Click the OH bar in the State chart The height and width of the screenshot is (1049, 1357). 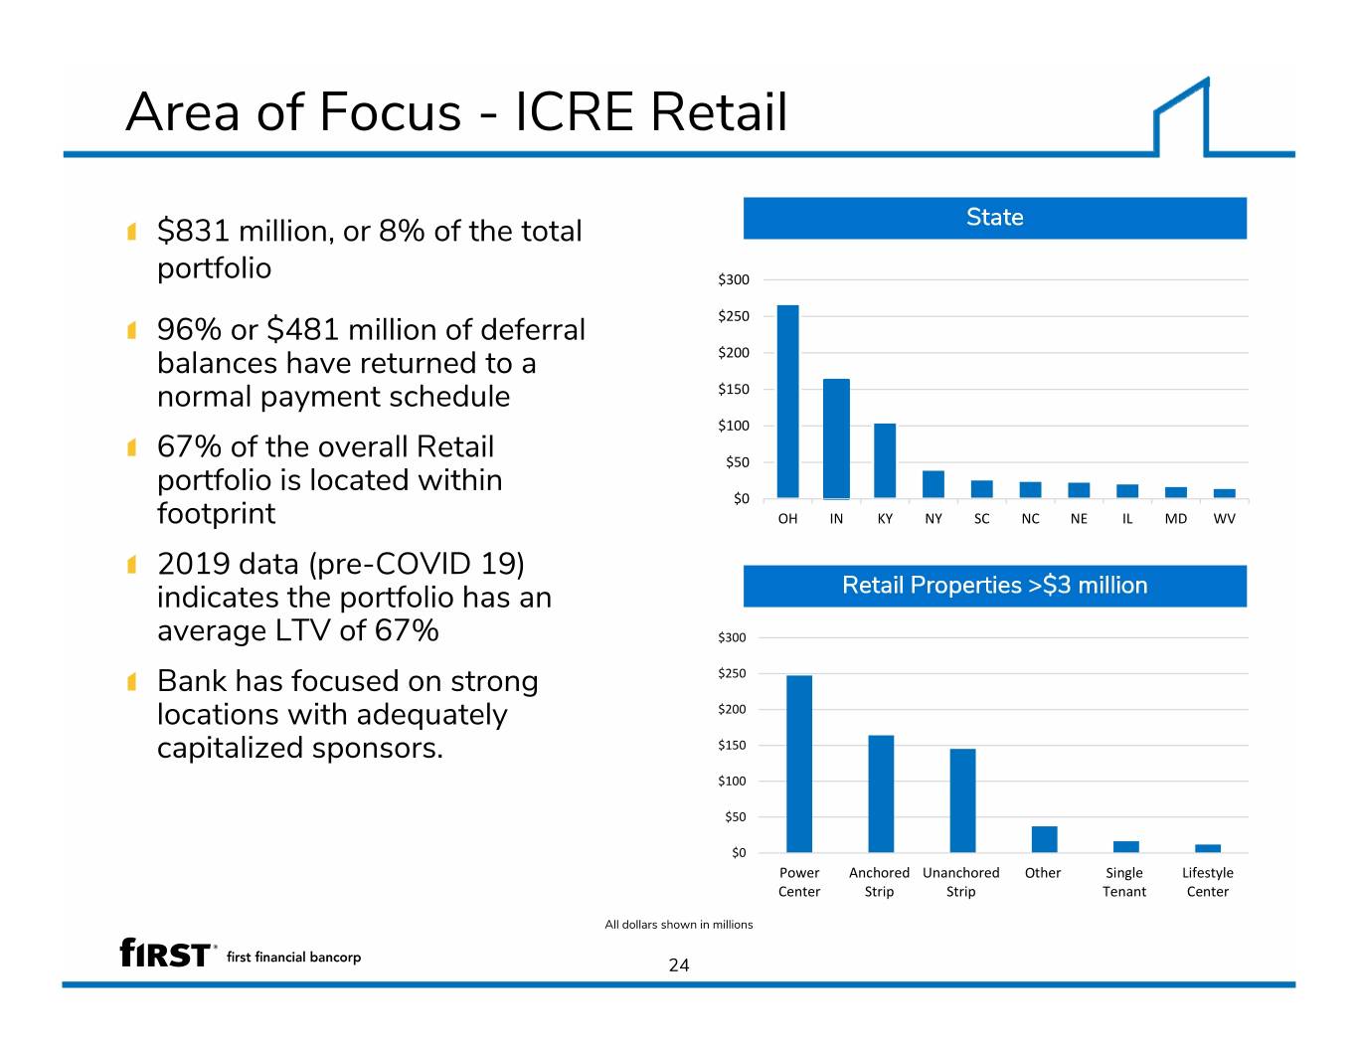pyautogui.click(x=787, y=402)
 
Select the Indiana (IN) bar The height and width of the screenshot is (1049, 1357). pyautogui.click(x=836, y=438)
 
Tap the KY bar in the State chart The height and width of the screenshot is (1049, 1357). pyautogui.click(x=884, y=460)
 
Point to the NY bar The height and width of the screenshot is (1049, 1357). pyautogui.click(x=933, y=484)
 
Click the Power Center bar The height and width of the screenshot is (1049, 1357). pyautogui.click(x=798, y=764)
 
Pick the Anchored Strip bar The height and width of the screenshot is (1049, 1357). pyautogui.click(x=881, y=793)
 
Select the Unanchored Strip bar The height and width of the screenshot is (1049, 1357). pyautogui.click(x=962, y=800)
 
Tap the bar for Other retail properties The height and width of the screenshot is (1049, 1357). pyautogui.click(x=1044, y=839)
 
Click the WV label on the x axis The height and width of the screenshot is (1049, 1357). pyautogui.click(x=1224, y=519)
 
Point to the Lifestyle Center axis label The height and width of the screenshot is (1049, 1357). pyautogui.click(x=1207, y=882)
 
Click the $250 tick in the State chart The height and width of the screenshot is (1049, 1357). pyautogui.click(x=733, y=316)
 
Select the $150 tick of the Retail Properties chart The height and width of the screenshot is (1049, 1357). pyautogui.click(x=732, y=745)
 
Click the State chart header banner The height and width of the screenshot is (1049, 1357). pyautogui.click(x=995, y=218)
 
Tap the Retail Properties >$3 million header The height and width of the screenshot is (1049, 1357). pyautogui.click(x=995, y=586)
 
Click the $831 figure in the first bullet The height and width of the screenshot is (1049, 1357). pyautogui.click(x=193, y=231)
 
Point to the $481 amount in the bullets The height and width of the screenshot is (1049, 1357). pyautogui.click(x=302, y=329)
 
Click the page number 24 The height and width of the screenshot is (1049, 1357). pyautogui.click(x=679, y=965)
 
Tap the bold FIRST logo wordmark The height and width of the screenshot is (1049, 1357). pyautogui.click(x=165, y=954)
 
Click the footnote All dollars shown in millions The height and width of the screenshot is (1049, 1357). pyautogui.click(x=679, y=925)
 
